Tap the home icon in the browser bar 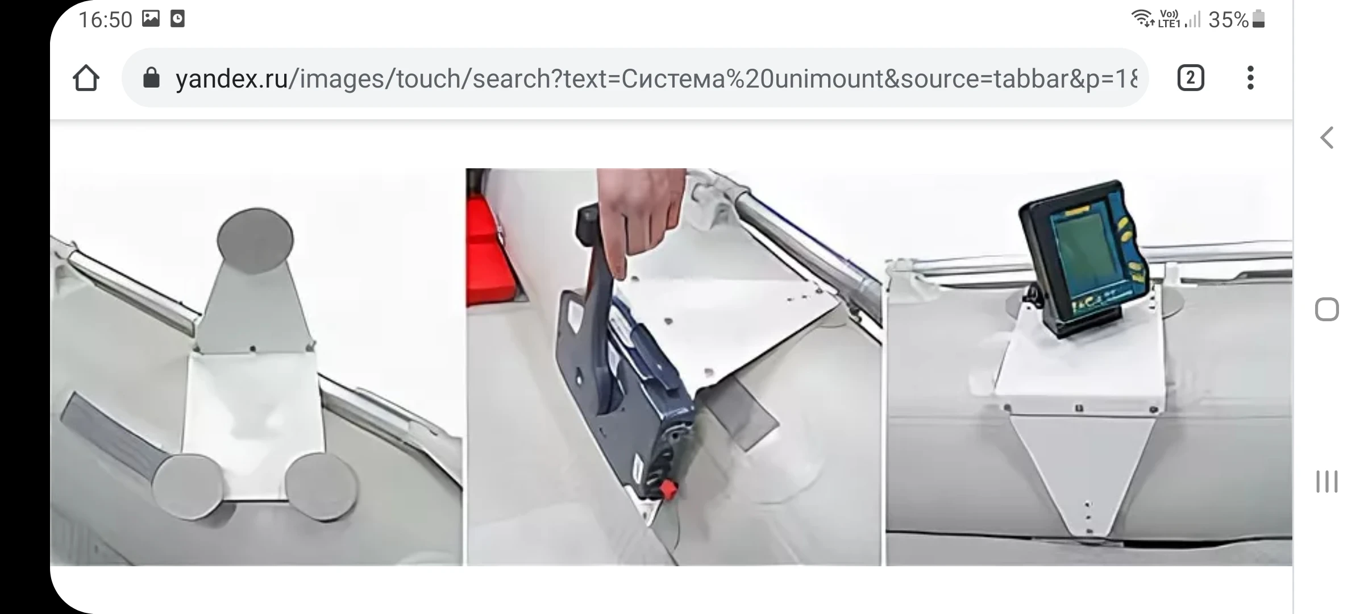coord(86,78)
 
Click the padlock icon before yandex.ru coord(151,78)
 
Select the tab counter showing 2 coord(1191,78)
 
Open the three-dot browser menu coord(1250,78)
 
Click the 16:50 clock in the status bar coord(105,20)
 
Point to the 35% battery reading coord(1228,20)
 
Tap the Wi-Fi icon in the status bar coord(1142,19)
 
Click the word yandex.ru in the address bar coord(232,78)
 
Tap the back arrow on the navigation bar coord(1327,138)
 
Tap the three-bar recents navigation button coord(1327,482)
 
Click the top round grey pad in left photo coord(256,239)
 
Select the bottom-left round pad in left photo coord(188,486)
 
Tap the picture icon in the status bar coord(151,19)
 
